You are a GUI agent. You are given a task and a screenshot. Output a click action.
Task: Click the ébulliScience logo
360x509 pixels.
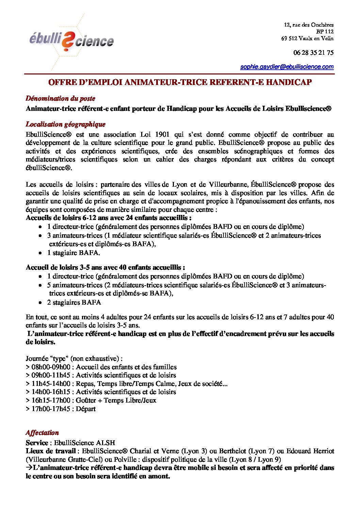click(x=71, y=40)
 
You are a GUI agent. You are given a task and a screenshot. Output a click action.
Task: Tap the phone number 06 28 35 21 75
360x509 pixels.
click(x=313, y=53)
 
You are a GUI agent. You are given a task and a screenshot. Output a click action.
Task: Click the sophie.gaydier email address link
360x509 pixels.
click(x=287, y=67)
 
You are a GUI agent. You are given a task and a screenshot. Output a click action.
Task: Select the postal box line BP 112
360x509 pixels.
click(x=325, y=32)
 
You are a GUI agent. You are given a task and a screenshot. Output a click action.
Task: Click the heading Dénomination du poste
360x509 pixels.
click(x=60, y=99)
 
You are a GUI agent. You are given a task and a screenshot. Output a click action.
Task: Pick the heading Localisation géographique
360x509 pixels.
click(x=65, y=124)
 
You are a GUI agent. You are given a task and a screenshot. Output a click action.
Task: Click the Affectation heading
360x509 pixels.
click(x=42, y=433)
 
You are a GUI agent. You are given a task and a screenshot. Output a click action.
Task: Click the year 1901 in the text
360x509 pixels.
click(x=162, y=135)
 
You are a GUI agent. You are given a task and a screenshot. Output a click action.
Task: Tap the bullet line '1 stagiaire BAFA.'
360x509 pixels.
click(x=73, y=253)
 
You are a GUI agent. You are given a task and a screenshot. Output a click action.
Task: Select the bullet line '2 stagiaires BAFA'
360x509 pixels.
click(x=74, y=303)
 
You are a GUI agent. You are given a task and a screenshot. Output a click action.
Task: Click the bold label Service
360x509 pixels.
click(x=37, y=443)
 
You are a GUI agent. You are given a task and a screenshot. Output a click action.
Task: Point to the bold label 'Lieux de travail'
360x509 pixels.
click(x=51, y=451)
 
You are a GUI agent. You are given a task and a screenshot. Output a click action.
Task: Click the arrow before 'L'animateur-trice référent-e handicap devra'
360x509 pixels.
click(x=29, y=468)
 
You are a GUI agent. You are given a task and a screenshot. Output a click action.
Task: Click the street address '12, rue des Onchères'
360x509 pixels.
click(x=309, y=25)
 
